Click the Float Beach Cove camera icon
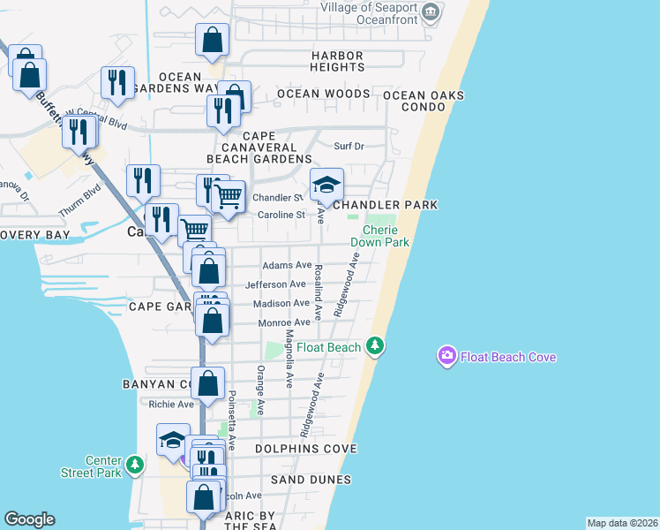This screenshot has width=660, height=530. tap(447, 356)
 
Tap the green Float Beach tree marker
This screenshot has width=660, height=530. tap(376, 345)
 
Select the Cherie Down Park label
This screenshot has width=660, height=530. tap(380, 236)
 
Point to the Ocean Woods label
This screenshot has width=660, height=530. tap(323, 94)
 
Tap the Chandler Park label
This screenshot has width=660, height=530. tap(386, 205)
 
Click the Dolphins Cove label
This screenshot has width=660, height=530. tap(306, 449)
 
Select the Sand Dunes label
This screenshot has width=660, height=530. tap(311, 480)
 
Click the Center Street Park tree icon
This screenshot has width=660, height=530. tap(134, 464)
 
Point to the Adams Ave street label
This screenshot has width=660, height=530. tap(287, 265)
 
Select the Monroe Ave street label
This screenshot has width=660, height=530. tap(284, 323)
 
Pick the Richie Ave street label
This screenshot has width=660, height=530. tap(171, 405)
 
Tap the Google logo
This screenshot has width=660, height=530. tap(29, 519)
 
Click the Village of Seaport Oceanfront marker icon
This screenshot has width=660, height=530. tap(431, 11)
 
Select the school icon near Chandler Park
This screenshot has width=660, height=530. tap(326, 185)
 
